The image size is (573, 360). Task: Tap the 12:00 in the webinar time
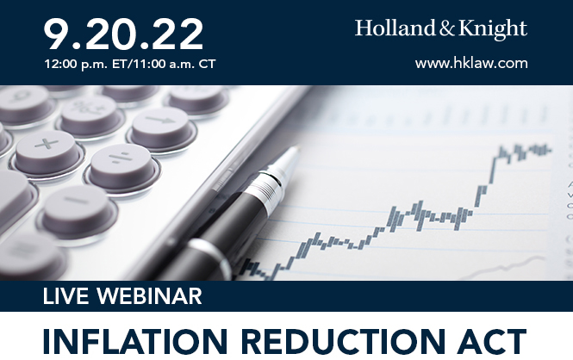(58, 64)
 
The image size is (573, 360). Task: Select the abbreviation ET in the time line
(109, 64)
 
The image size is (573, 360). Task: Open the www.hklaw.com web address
(471, 63)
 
